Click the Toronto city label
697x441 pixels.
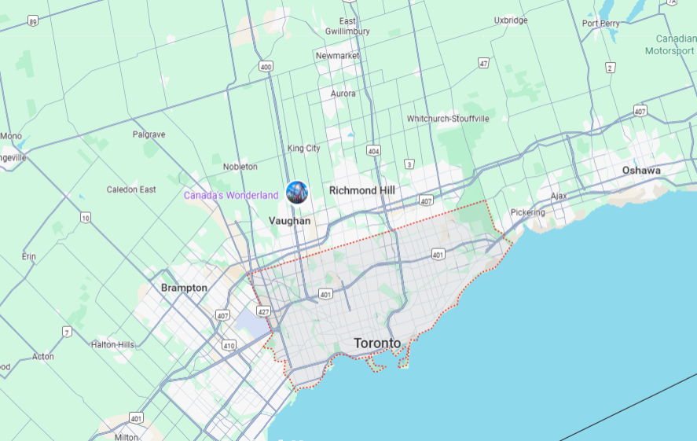tap(377, 344)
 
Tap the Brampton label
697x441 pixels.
tap(184, 288)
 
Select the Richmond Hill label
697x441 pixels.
tap(361, 190)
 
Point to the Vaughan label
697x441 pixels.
tap(289, 221)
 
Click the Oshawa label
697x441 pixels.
tap(641, 170)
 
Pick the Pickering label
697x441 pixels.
tap(527, 212)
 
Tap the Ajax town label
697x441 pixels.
tap(559, 196)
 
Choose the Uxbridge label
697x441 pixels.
tap(511, 20)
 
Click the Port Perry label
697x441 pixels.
tap(601, 24)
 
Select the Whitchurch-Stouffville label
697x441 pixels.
tap(448, 119)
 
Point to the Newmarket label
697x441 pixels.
tap(338, 56)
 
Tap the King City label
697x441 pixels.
tap(304, 148)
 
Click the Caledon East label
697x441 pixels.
tap(131, 189)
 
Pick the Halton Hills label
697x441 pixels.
tap(113, 344)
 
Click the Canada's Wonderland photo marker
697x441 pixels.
tap(297, 192)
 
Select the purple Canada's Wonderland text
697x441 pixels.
tap(231, 195)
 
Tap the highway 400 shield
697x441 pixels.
tap(266, 67)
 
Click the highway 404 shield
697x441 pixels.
tap(373, 151)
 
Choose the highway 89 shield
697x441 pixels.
tap(32, 22)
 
